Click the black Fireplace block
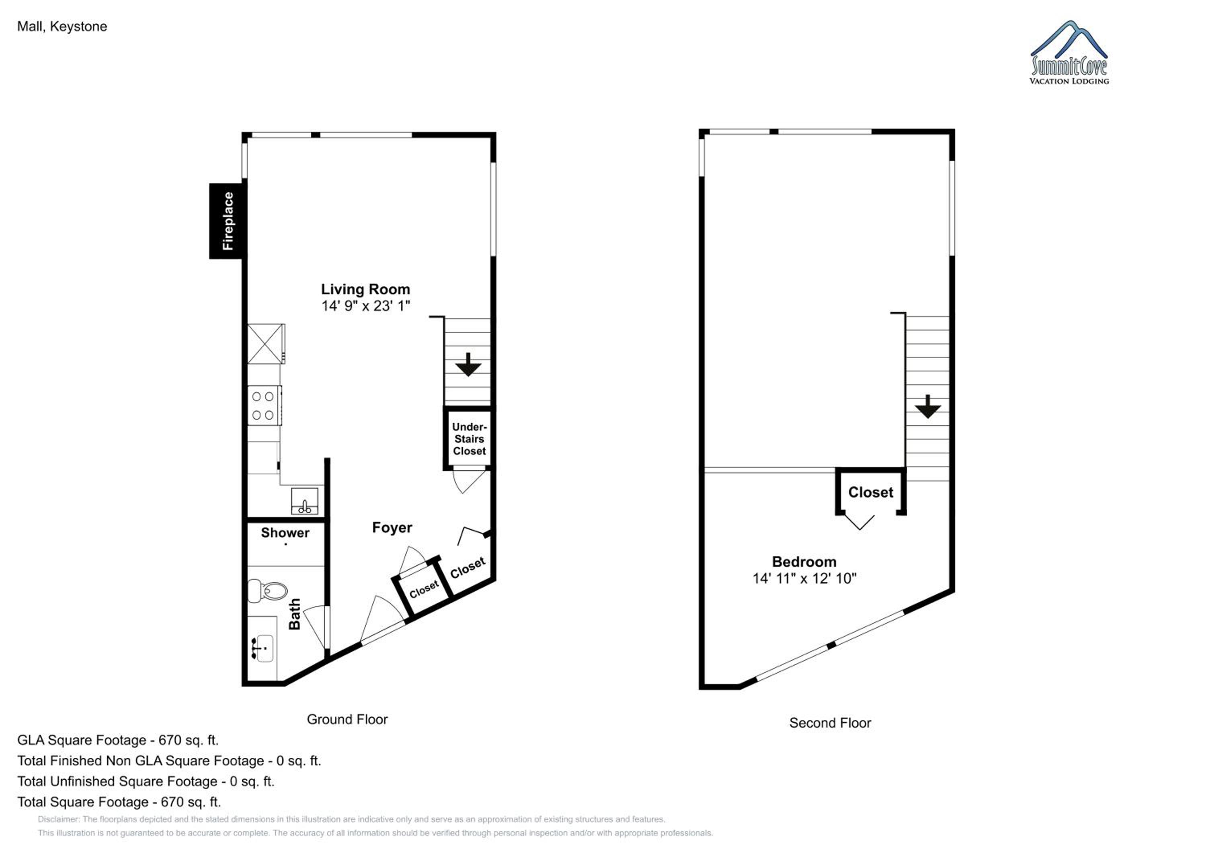pos(227,221)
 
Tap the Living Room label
pos(365,289)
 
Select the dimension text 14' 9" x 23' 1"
pos(365,306)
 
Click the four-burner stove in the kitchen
pos(264,406)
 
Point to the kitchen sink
pos(305,500)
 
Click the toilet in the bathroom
pos(267,591)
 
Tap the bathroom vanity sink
pos(262,647)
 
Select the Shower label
pos(285,533)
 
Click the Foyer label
pos(392,528)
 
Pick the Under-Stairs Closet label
pos(469,439)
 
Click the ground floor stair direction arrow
pos(468,365)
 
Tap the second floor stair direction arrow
pos(927,406)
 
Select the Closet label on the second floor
pos(871,493)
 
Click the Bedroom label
pos(804,562)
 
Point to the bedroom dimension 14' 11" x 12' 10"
pos(804,579)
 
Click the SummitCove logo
pos(1069,53)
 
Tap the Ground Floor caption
pos(347,720)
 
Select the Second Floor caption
pos(830,723)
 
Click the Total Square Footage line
pos(119,802)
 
